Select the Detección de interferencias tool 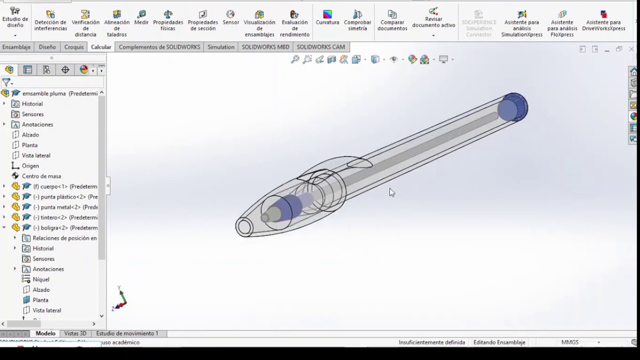coord(50,20)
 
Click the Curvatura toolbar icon coord(327,17)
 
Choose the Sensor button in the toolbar coord(230,17)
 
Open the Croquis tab coord(74,47)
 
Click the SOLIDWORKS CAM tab coord(320,47)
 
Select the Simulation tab coord(220,47)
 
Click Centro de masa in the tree coord(41,176)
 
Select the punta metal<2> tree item coord(65,207)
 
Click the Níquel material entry coord(41,279)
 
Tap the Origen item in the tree coord(30,165)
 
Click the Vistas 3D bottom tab coord(75,333)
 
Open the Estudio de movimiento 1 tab coord(127,333)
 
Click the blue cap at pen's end coord(514,106)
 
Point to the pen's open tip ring coord(244,227)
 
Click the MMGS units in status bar coord(570,342)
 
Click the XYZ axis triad coord(120,300)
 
